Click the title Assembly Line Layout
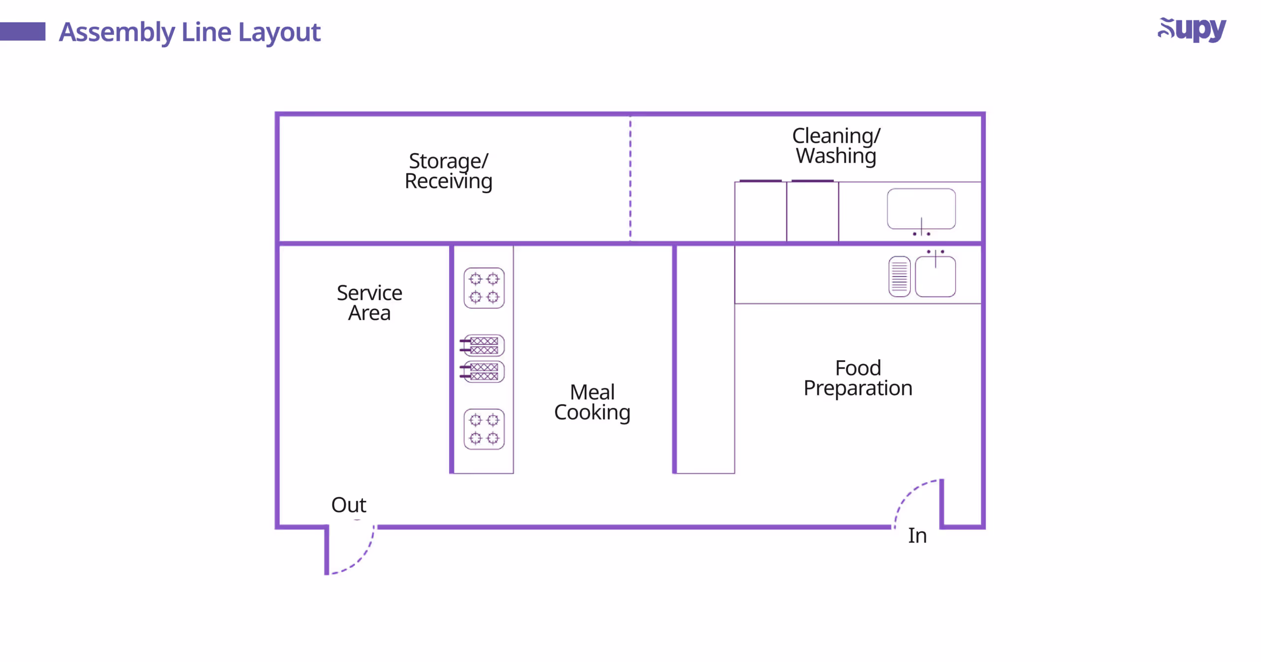tap(190, 33)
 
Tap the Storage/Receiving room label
tap(448, 171)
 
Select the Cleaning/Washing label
tap(836, 146)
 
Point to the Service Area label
tap(369, 303)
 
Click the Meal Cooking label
tap(592, 402)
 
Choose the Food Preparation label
tap(858, 378)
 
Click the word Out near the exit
tap(348, 505)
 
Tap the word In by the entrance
tap(917, 535)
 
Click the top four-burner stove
tap(484, 288)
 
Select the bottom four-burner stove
tap(484, 429)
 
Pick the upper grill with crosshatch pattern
tap(484, 345)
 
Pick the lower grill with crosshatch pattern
tap(484, 371)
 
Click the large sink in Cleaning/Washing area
tap(921, 209)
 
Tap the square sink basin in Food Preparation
tap(935, 277)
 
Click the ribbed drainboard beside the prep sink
tap(899, 277)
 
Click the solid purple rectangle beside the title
tap(23, 32)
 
